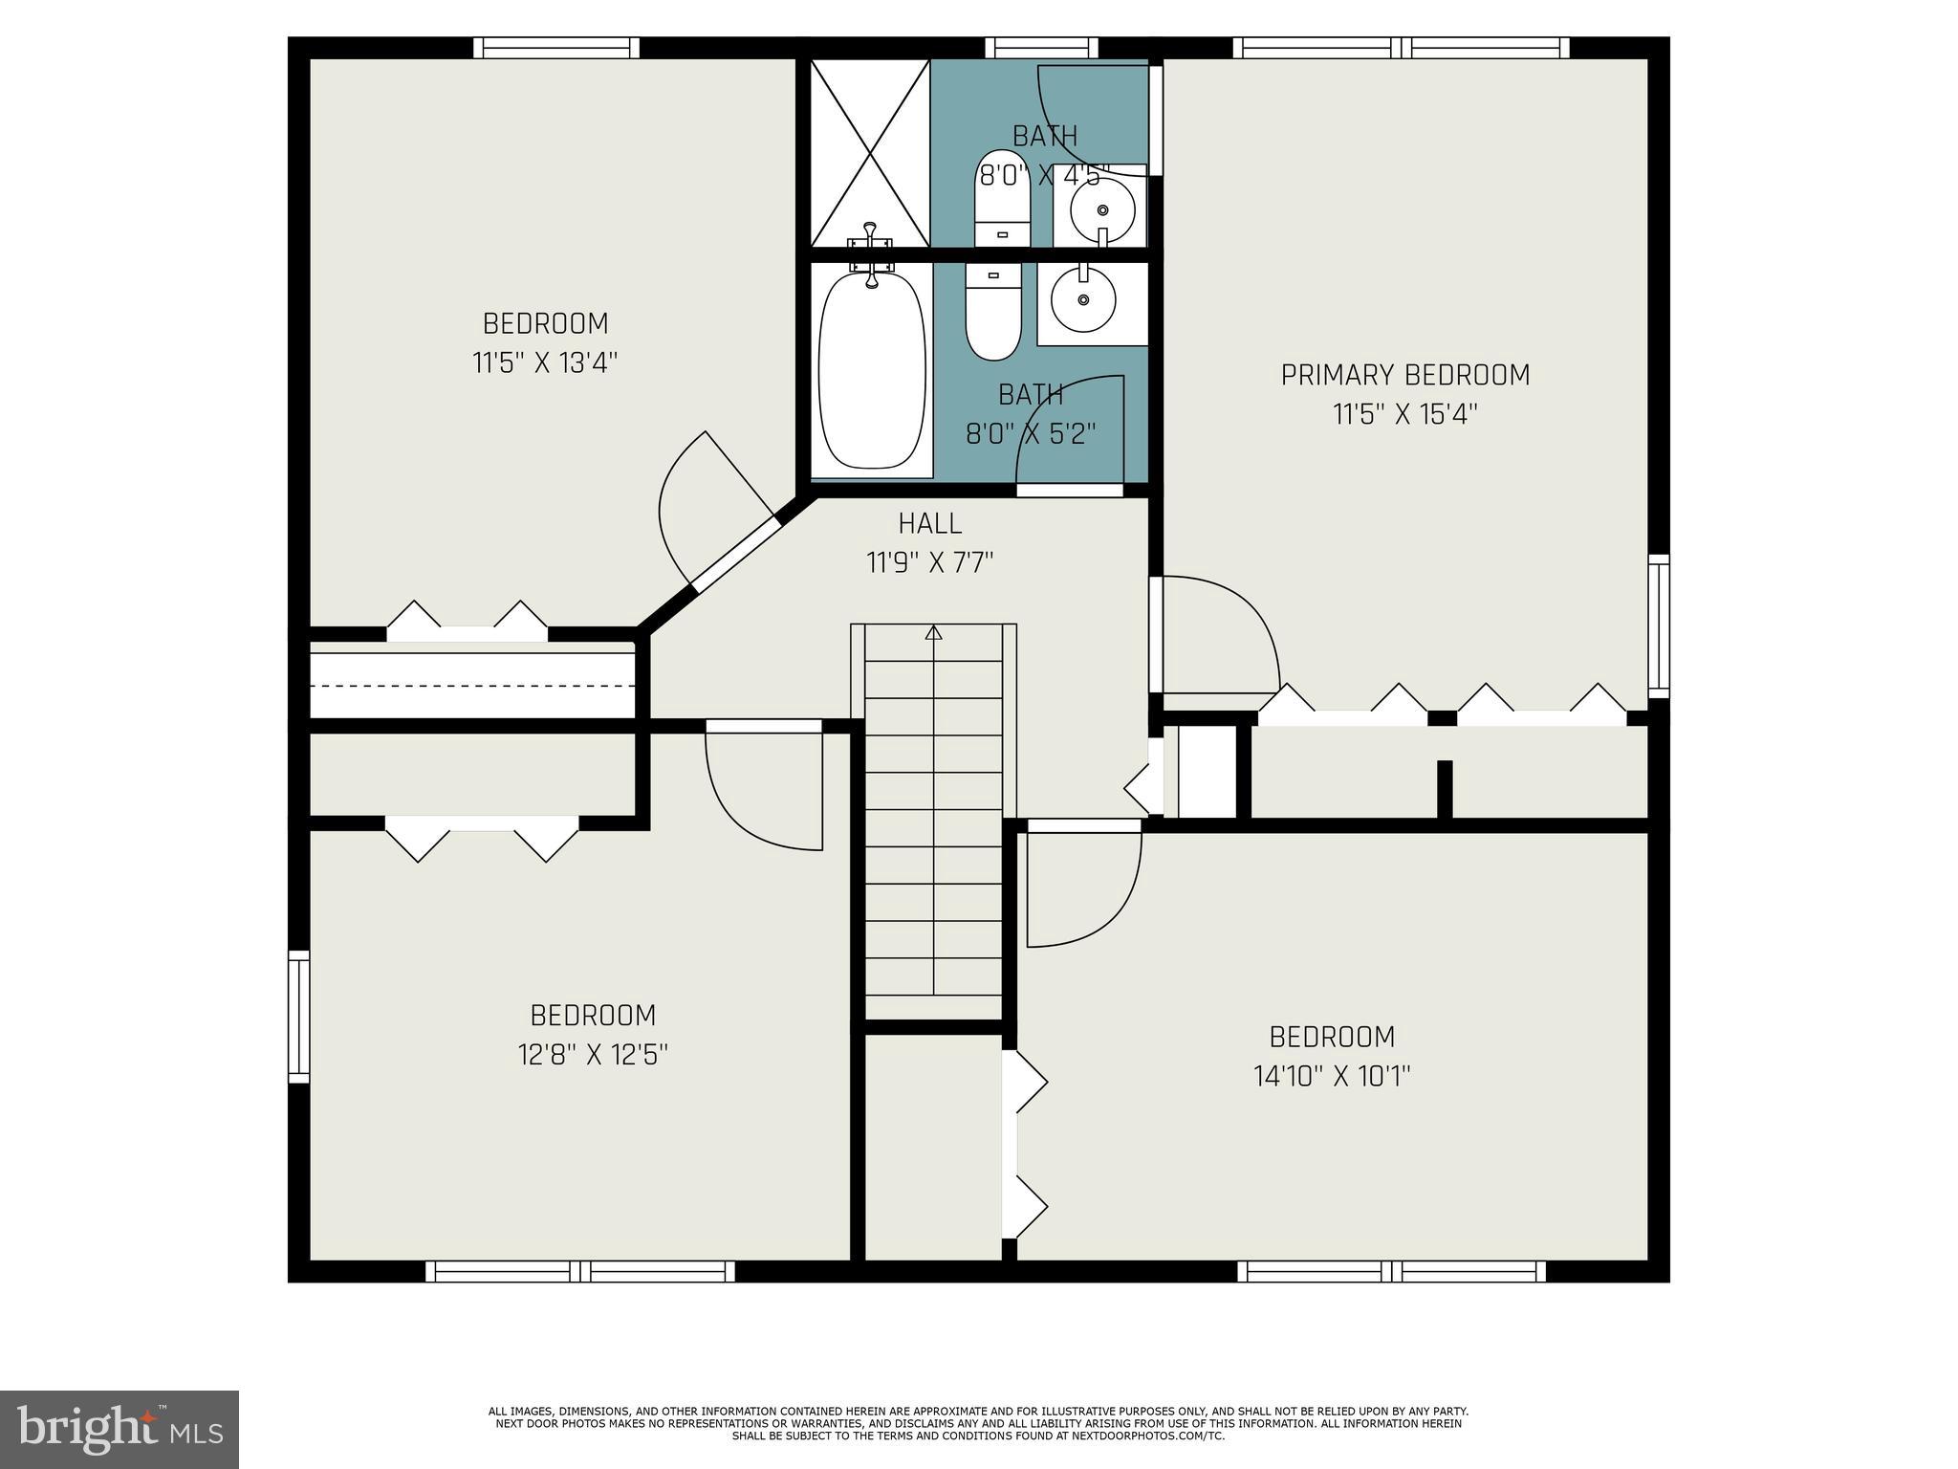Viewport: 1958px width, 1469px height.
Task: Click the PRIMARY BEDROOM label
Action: click(x=1404, y=375)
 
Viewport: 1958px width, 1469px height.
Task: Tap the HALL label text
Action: click(x=929, y=523)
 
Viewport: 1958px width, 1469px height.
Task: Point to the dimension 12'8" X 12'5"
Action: click(x=593, y=1055)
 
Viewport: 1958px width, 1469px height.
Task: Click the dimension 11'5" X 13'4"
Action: click(x=545, y=363)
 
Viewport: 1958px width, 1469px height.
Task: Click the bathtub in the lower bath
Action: click(x=872, y=371)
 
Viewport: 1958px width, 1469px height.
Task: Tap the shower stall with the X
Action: click(x=869, y=153)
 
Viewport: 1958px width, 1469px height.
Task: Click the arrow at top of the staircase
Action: click(x=934, y=633)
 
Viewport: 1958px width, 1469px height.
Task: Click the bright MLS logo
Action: click(x=120, y=1430)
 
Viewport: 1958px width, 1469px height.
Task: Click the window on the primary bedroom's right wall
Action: click(x=1659, y=625)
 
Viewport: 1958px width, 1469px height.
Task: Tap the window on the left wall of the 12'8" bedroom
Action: click(x=299, y=1016)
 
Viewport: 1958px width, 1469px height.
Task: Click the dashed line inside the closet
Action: click(x=472, y=686)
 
